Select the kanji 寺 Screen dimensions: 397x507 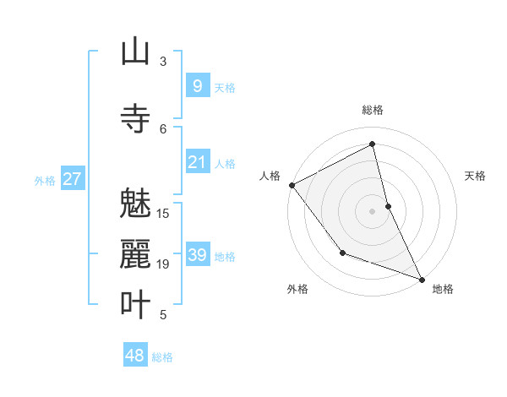coord(135,118)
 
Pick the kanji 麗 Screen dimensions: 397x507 coord(135,254)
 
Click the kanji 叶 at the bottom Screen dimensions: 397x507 coord(135,305)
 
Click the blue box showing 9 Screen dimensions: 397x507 coord(197,85)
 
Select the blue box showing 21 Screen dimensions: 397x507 coord(197,161)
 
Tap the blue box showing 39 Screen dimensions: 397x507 coord(197,254)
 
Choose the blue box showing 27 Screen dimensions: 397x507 coord(72,178)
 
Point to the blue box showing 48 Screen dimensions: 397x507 coord(135,356)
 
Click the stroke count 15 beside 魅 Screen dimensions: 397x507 coord(164,214)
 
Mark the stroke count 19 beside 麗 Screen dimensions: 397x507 coord(164,264)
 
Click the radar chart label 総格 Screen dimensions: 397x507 coord(373,110)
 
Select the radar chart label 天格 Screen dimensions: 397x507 coord(476,176)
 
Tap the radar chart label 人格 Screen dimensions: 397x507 coord(270,176)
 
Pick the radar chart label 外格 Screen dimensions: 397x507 coord(297,289)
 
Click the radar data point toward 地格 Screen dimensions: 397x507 coord(422,279)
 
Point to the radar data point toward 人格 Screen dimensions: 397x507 coord(292,185)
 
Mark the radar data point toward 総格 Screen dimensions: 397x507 coord(373,144)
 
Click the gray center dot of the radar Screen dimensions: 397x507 coord(373,210)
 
